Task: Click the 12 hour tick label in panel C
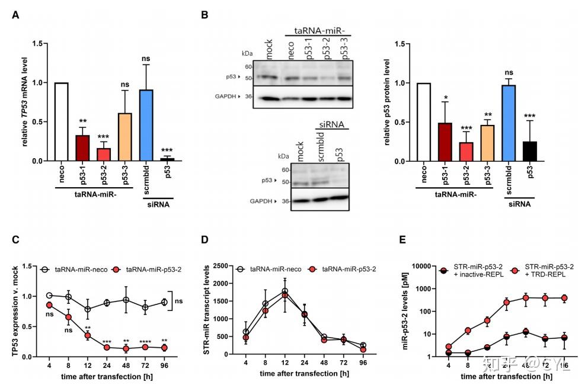point(87,365)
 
